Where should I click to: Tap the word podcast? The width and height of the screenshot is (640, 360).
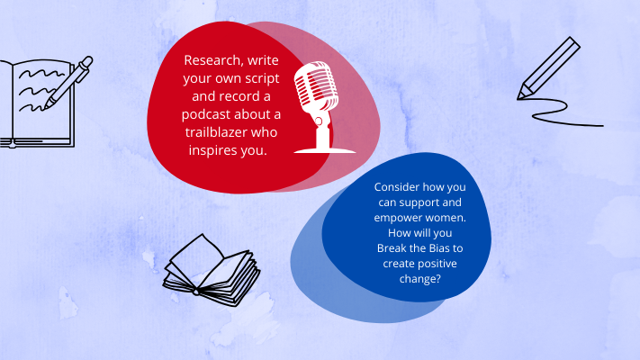206,114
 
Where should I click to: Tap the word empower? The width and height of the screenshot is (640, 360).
394,218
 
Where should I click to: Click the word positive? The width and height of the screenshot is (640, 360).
437,264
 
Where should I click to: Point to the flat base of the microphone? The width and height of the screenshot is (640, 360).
325,151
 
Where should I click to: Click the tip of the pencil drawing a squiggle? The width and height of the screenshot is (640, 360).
518,98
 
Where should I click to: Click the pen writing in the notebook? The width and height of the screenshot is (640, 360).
68,82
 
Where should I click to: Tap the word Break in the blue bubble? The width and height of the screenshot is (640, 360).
391,248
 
